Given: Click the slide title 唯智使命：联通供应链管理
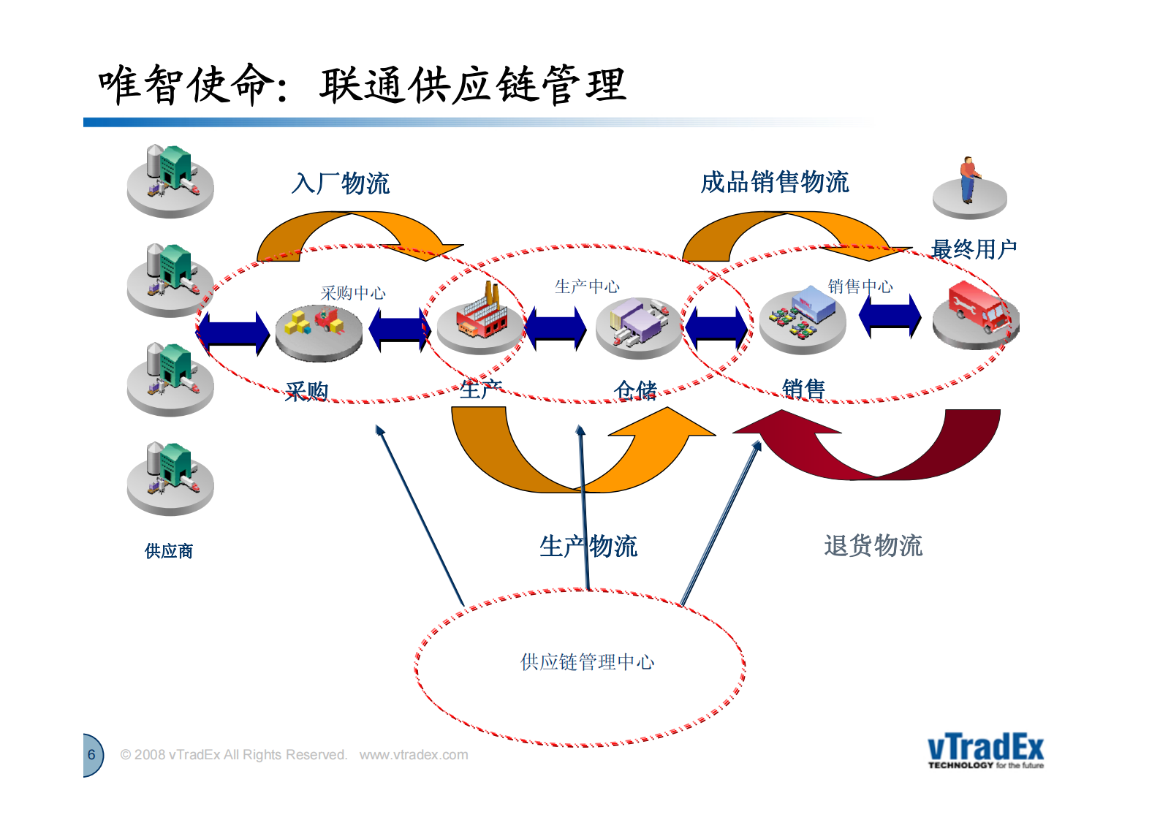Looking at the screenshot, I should [362, 85].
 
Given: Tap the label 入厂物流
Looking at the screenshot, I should [341, 183].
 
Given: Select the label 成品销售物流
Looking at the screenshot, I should [775, 182].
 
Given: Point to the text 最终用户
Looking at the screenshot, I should [974, 249].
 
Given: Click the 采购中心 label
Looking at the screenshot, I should [353, 293].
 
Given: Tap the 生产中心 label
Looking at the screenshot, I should [586, 286].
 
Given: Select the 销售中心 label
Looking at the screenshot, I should [860, 286].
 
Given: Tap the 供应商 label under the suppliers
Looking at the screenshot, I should [169, 551].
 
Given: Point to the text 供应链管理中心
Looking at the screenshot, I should [587, 662].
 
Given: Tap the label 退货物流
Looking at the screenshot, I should [873, 545].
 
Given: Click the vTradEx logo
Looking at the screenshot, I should [985, 751].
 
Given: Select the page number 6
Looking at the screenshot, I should [91, 754].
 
